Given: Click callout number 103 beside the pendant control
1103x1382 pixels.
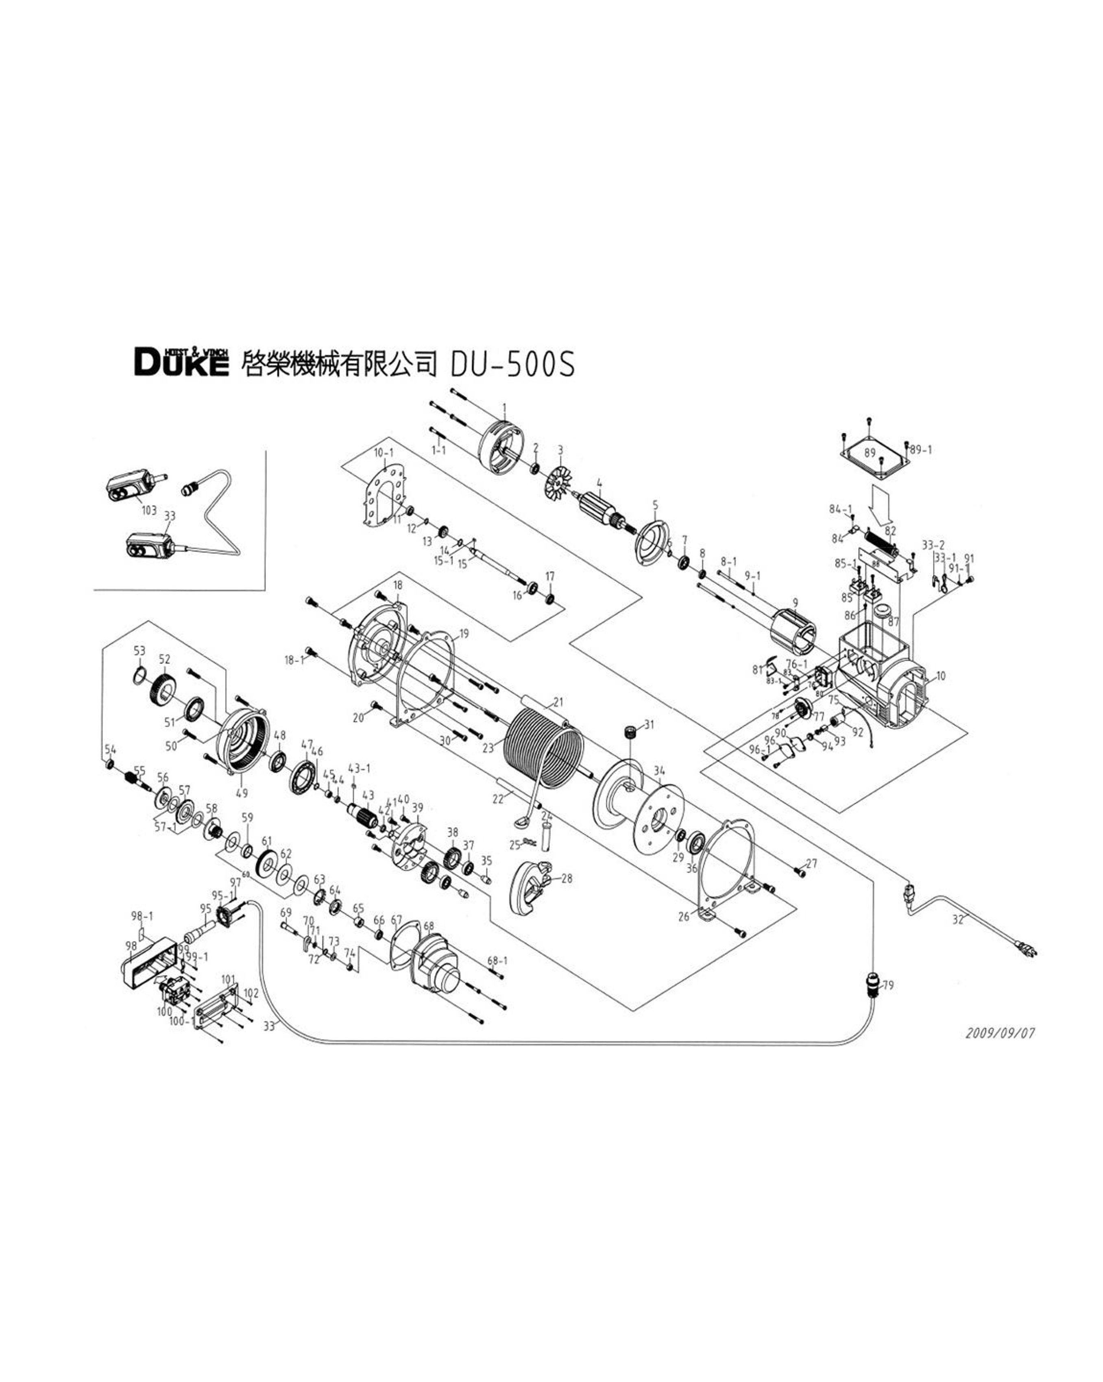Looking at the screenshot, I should pos(149,510).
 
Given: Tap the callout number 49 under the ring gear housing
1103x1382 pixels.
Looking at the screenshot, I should pos(241,793).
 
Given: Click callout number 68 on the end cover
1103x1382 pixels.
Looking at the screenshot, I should pos(428,926).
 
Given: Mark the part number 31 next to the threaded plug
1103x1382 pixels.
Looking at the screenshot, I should pos(649,725).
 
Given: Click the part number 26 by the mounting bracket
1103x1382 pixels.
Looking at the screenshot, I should pos(684,917).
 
